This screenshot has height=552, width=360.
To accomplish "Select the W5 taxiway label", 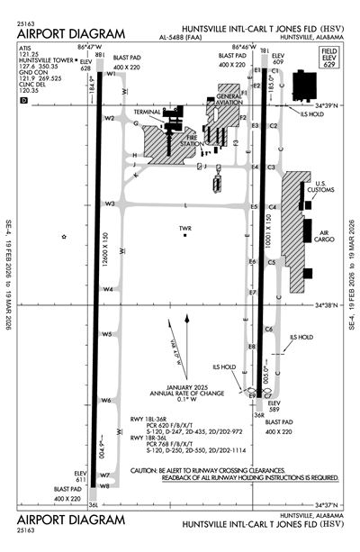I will click(107, 334).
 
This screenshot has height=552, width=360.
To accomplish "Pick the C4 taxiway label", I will click(272, 207).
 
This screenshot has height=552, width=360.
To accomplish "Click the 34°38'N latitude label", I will click(329, 304).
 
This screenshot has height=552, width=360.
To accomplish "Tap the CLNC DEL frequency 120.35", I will click(29, 91).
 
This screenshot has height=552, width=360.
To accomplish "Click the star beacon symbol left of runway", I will click(64, 237).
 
